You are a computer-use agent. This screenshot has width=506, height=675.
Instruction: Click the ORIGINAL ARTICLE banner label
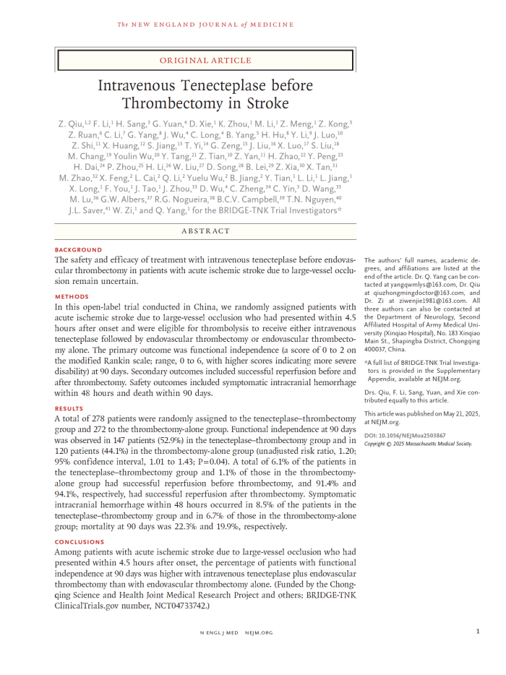206,61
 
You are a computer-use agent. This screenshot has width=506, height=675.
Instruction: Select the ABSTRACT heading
206,231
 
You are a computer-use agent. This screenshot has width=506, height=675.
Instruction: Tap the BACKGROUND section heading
79,250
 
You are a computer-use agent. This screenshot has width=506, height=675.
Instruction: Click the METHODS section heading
72,297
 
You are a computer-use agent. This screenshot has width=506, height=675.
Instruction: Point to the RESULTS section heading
70,409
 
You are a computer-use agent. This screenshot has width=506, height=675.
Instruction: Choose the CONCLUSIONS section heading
80,542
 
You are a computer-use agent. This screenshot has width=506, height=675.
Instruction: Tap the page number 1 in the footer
478,632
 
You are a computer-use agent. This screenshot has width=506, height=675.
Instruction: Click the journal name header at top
206,25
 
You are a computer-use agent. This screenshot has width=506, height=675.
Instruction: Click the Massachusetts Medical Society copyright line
418,444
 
